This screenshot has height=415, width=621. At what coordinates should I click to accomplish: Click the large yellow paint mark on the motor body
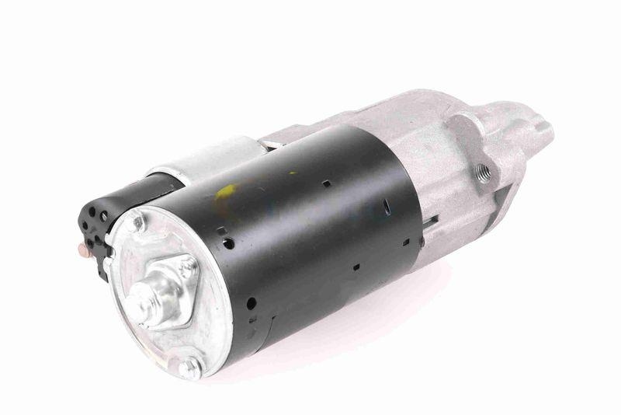point(227,191)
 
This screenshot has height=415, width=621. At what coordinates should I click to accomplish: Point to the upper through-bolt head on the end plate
point(137,223)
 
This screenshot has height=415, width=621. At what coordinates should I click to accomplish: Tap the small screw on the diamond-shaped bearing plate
point(187,267)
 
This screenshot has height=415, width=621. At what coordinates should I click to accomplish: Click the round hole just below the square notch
point(229,243)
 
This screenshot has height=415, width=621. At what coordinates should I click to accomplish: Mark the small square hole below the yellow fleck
point(326,184)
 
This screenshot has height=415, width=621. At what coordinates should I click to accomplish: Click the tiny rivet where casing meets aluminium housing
point(422,242)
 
